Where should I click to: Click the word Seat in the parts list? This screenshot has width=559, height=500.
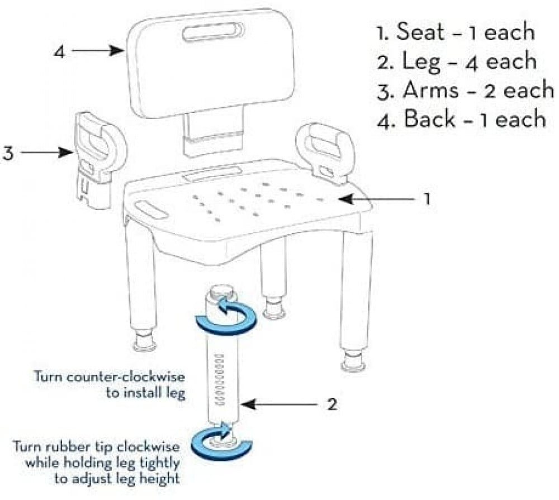[421, 31]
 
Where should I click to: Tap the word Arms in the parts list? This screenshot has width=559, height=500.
[430, 90]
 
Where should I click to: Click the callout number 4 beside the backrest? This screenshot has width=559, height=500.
[60, 51]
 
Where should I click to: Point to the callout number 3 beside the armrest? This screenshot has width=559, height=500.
[8, 154]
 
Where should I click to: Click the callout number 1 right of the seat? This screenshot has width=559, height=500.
[427, 198]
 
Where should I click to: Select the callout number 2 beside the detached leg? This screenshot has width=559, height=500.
[332, 404]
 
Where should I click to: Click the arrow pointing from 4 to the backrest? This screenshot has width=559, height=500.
[97, 51]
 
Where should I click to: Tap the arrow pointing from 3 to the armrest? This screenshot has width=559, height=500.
[47, 153]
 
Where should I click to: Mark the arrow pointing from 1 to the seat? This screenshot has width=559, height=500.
[377, 199]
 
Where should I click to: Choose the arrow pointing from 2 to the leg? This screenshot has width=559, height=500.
[279, 404]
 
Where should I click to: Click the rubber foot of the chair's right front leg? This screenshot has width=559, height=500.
[353, 361]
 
